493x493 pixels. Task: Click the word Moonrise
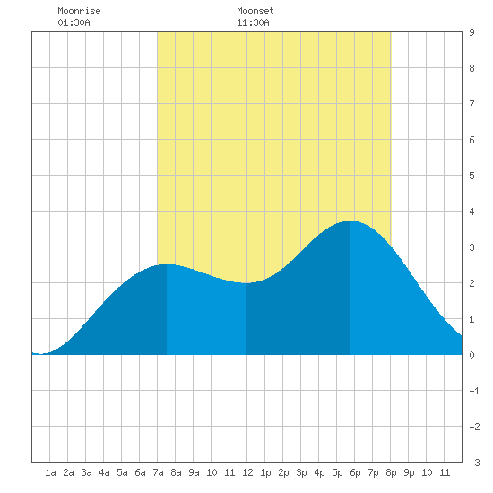pyautogui.click(x=79, y=11)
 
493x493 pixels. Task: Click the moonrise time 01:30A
pyautogui.click(x=74, y=22)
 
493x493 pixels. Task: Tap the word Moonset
pyautogui.click(x=255, y=11)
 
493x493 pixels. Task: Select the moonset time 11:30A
pyautogui.click(x=253, y=22)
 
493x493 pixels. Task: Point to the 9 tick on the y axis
pyautogui.click(x=471, y=32)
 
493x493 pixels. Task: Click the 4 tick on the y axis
pyautogui.click(x=471, y=212)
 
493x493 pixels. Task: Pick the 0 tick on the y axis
pyautogui.click(x=471, y=355)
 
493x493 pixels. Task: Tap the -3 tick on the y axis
pyautogui.click(x=474, y=463)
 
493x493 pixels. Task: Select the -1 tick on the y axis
pyautogui.click(x=474, y=391)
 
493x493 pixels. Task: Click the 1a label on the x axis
pyautogui.click(x=50, y=472)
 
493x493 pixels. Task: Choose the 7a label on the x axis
pyautogui.click(x=158, y=472)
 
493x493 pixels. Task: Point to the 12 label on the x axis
pyautogui.click(x=247, y=472)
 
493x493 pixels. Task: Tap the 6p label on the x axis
pyautogui.click(x=355, y=472)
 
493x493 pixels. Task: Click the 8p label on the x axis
pyautogui.click(x=391, y=472)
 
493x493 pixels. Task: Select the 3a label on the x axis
pyautogui.click(x=86, y=472)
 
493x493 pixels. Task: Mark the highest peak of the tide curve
pyautogui.click(x=350, y=221)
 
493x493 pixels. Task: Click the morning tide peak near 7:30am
pyautogui.click(x=167, y=264)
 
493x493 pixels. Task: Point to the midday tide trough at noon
pyautogui.click(x=246, y=283)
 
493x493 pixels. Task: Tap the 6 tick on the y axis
pyautogui.click(x=471, y=140)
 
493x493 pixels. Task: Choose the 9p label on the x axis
pyautogui.click(x=409, y=472)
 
